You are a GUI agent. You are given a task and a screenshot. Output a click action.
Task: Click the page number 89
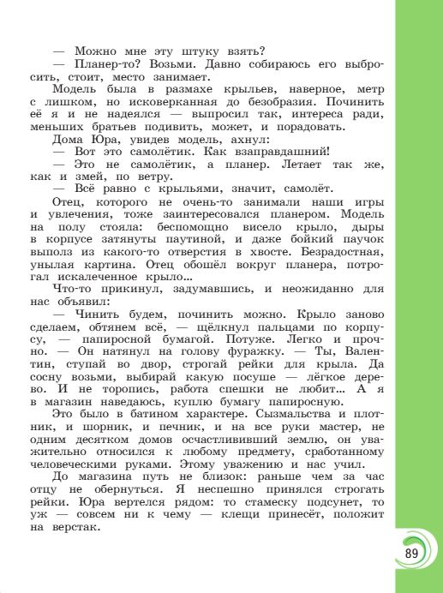tap(410, 552)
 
